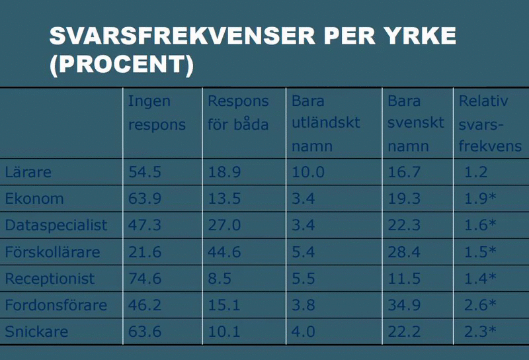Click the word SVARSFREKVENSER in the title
point(183,36)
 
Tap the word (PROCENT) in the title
point(122,64)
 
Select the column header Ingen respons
point(157,112)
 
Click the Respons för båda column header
point(238,112)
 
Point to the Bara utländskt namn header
point(325,124)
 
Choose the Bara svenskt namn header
point(416,124)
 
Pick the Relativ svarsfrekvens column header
point(490,124)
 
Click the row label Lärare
point(28,172)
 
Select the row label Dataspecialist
point(56,225)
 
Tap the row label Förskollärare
point(52,252)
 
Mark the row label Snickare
point(36,332)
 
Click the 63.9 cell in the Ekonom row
point(145,199)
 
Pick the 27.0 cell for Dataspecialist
point(224,225)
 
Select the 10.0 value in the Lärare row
point(308,172)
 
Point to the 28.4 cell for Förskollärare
point(404,252)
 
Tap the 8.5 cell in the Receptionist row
point(220,279)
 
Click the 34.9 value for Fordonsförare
point(404,305)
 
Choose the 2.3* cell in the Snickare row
point(480,332)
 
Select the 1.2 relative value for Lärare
point(475,172)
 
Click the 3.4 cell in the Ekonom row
point(304,199)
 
